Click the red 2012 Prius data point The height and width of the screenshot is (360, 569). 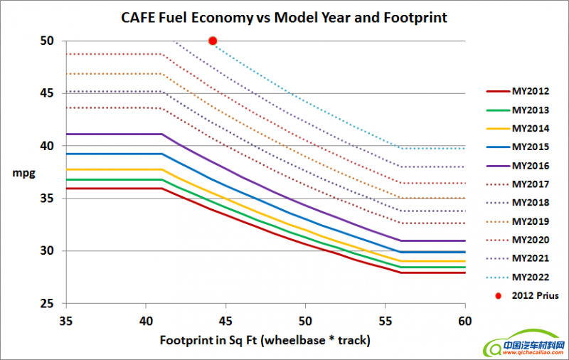click(213, 41)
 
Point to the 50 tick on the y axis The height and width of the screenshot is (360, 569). click(48, 41)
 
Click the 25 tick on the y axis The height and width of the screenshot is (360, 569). click(48, 304)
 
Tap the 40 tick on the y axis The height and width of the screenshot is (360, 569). click(48, 146)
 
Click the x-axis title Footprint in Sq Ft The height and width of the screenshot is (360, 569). click(265, 340)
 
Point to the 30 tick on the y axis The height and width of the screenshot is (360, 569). click(48, 251)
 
